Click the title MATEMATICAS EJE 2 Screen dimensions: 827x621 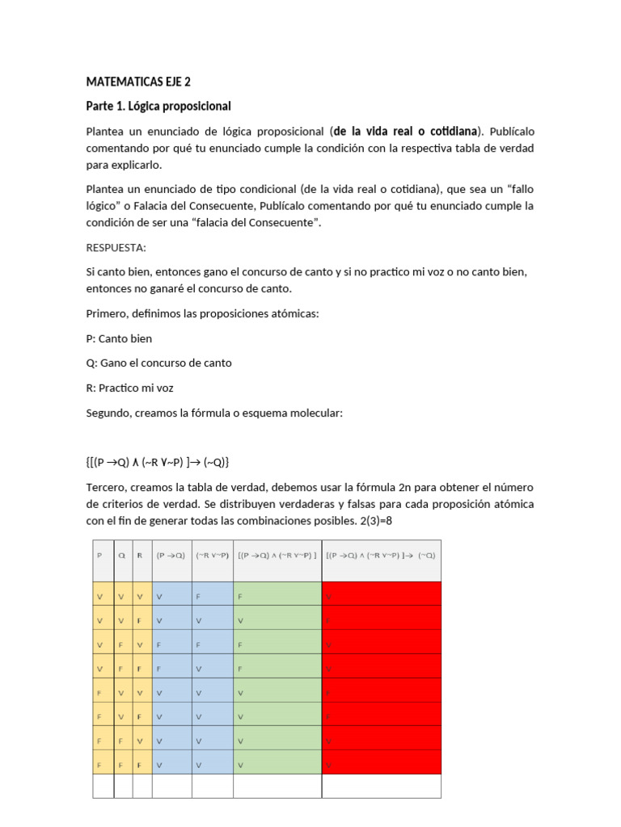[x=138, y=82]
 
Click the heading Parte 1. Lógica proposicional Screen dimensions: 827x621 [x=158, y=106]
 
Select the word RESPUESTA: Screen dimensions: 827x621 [x=116, y=248]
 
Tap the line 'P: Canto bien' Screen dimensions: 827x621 [x=119, y=338]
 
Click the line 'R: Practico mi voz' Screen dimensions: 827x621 [x=129, y=388]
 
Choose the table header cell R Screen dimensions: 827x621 [x=142, y=556]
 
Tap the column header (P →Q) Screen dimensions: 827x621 [x=171, y=556]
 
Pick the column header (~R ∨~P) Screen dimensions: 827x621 [x=212, y=556]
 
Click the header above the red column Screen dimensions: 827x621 [x=381, y=556]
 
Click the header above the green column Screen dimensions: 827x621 [x=277, y=556]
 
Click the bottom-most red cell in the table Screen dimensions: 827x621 [x=381, y=762]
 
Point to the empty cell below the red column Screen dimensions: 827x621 [x=381, y=786]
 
